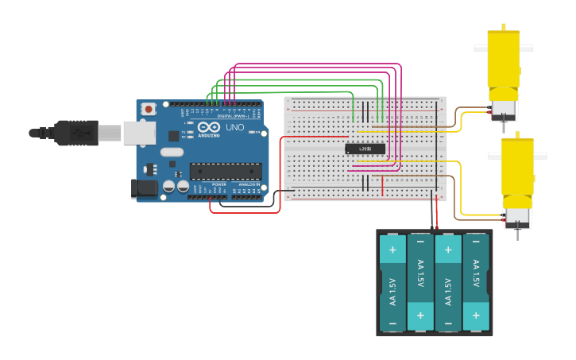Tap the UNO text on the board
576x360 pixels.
click(234, 127)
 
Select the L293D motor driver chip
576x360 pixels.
click(365, 149)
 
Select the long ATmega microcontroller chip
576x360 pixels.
click(225, 171)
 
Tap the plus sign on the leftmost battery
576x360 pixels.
click(392, 250)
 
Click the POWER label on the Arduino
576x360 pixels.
click(219, 184)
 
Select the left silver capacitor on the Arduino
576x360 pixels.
click(169, 187)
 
